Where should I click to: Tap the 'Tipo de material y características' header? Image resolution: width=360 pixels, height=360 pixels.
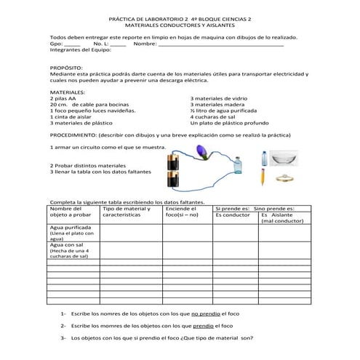click(x=127, y=212)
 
